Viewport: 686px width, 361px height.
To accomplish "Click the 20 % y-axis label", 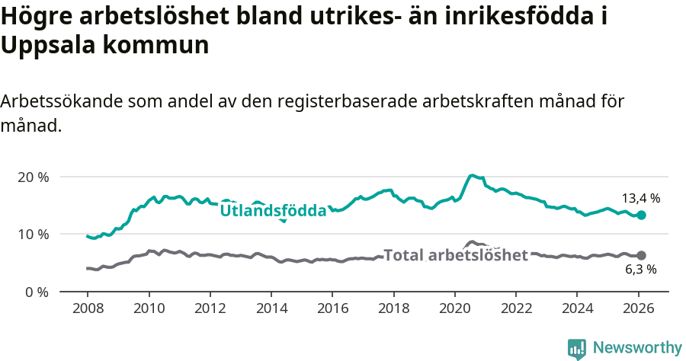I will tap(34, 177).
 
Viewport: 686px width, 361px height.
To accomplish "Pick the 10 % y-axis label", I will tap(34, 234).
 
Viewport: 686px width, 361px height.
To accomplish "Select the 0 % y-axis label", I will tap(37, 292).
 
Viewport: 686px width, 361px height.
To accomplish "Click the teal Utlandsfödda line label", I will tap(273, 210).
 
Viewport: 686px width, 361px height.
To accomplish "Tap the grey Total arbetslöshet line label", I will tap(455, 255).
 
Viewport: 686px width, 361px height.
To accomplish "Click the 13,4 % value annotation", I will tap(642, 198).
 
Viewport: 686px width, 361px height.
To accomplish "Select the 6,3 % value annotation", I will tap(640, 269).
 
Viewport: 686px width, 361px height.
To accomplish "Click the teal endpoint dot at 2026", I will tap(642, 216).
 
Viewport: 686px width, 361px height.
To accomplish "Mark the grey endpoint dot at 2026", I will tap(642, 256).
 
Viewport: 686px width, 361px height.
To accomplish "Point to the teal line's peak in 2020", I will tap(473, 175).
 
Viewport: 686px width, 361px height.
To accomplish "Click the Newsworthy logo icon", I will tap(577, 348).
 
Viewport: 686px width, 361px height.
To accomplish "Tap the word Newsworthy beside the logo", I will tap(636, 348).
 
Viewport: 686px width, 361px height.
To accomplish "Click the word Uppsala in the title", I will tap(45, 45).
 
